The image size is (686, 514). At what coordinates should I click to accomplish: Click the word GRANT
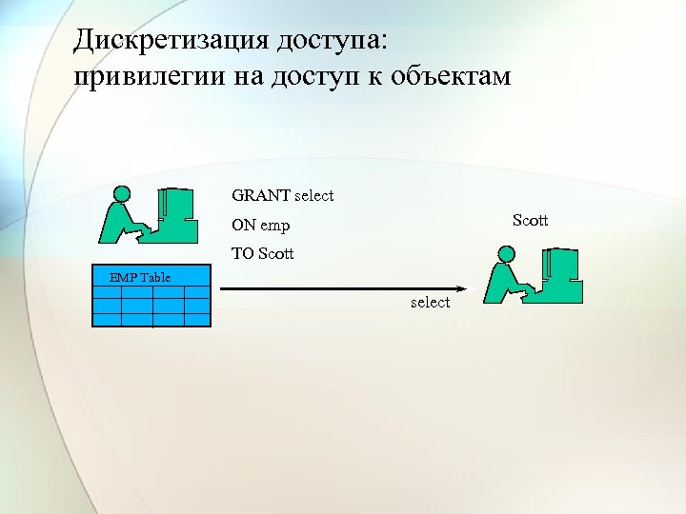[261, 196]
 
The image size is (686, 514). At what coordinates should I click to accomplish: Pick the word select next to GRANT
[314, 196]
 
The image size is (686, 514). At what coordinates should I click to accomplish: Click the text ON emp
[260, 227]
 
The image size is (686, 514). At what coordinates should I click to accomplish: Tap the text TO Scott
[263, 254]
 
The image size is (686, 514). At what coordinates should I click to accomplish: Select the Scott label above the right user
[530, 221]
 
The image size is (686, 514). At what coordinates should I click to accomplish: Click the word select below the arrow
[430, 302]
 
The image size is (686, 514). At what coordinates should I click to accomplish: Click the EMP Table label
[140, 277]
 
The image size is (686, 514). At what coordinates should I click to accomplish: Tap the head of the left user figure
[120, 193]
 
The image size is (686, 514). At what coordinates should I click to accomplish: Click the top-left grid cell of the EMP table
[108, 293]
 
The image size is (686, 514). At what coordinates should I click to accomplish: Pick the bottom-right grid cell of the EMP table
[196, 319]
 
